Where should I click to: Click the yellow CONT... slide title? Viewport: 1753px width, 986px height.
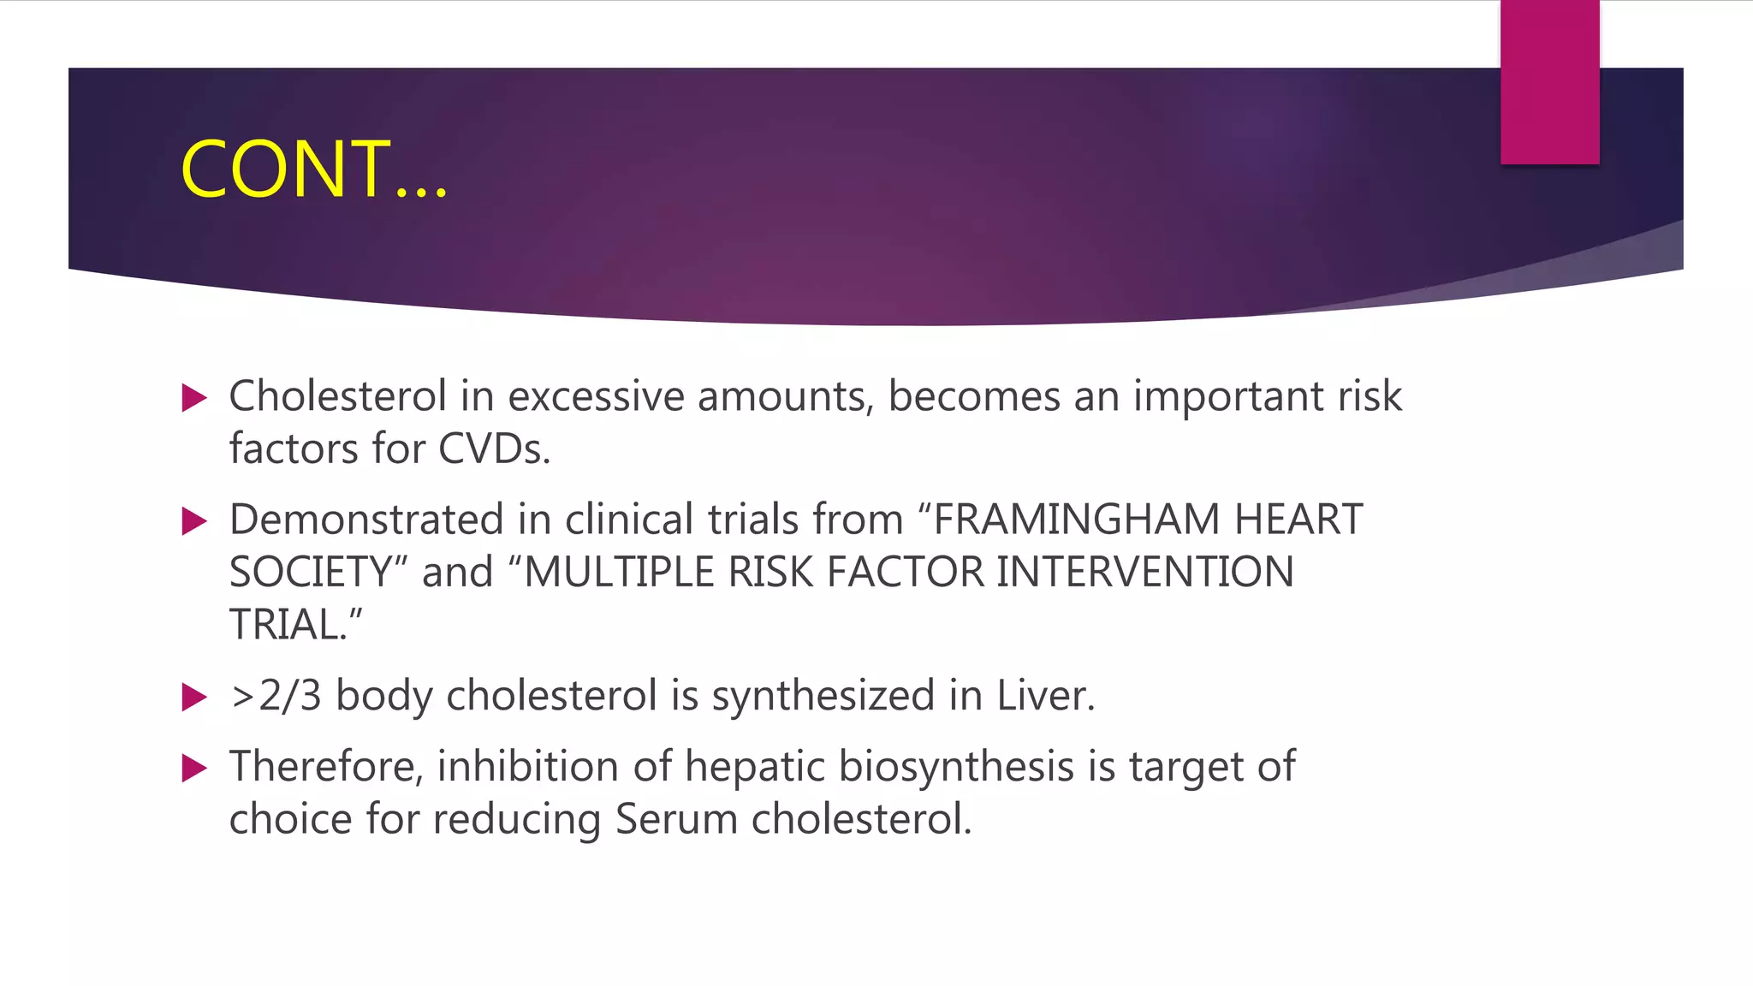pos(313,169)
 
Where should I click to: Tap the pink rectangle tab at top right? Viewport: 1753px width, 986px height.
pos(1549,82)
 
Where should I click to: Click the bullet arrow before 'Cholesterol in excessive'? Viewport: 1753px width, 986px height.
pos(195,398)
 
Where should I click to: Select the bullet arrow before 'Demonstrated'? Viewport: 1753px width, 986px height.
pos(195,521)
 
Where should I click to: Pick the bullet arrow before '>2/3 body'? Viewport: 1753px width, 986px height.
pos(195,697)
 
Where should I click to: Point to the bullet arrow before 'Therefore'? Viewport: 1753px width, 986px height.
pos(195,768)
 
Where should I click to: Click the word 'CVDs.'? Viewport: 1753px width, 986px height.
pos(494,449)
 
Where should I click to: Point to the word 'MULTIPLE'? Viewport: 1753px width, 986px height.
pos(618,573)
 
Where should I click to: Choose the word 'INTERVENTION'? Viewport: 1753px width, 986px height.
pos(1145,573)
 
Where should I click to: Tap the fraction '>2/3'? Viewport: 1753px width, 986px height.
pos(276,696)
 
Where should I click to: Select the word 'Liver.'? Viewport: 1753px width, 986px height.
pos(1045,696)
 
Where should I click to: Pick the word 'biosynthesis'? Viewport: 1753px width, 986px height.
pos(956,767)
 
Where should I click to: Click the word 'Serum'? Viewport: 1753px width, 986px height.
pos(676,819)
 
